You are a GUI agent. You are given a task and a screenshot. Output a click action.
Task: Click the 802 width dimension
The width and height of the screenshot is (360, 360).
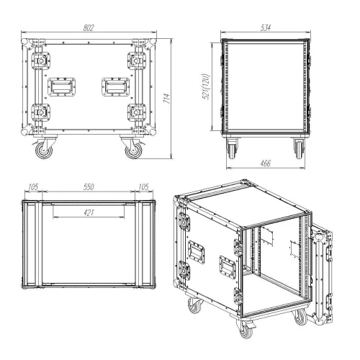[x=89, y=28]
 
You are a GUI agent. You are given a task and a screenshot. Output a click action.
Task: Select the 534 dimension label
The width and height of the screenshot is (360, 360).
[x=266, y=27]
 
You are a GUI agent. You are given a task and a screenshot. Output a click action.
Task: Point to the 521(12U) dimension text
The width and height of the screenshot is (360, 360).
[x=206, y=86]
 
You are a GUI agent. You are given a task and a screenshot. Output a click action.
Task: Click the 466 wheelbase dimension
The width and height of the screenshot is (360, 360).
[x=266, y=163]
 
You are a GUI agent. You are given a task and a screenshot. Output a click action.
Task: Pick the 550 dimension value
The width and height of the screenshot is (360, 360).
[x=89, y=186]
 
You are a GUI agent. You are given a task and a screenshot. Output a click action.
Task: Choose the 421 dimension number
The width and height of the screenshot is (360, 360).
[x=89, y=212]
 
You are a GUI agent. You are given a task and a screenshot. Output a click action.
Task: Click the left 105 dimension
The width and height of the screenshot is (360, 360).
[x=33, y=186]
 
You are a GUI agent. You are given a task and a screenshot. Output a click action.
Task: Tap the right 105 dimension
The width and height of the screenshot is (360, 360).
[x=143, y=186]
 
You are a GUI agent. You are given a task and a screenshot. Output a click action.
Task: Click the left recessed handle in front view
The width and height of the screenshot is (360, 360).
[x=62, y=87]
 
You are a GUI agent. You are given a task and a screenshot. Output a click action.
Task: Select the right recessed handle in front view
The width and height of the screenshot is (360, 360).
[x=115, y=87]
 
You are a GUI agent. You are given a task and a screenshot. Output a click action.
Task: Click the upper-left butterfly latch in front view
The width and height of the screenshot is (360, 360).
[x=40, y=61]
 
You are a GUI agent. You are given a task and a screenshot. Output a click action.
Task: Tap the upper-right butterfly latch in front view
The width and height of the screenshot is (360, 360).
[x=137, y=61]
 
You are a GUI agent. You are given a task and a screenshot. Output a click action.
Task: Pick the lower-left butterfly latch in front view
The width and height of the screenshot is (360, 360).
[x=40, y=113]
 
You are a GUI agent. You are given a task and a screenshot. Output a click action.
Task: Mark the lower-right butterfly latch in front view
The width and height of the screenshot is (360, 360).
[x=137, y=113]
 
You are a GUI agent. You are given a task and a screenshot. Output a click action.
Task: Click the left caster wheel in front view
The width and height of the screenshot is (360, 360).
[x=44, y=150]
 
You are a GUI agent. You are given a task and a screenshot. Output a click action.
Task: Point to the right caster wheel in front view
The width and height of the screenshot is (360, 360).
[x=133, y=150]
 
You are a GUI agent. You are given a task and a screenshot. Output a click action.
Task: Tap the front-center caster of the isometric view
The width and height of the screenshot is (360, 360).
[x=246, y=329]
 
